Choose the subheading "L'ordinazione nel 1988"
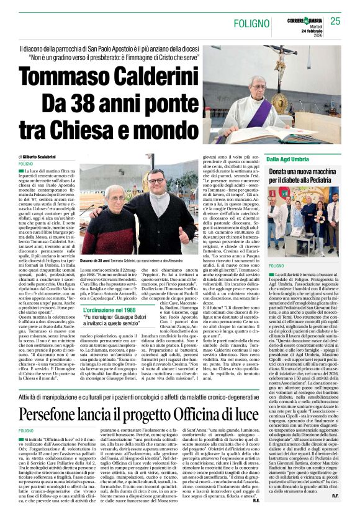coord(110,275)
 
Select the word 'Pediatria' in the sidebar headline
coord(329,180)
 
